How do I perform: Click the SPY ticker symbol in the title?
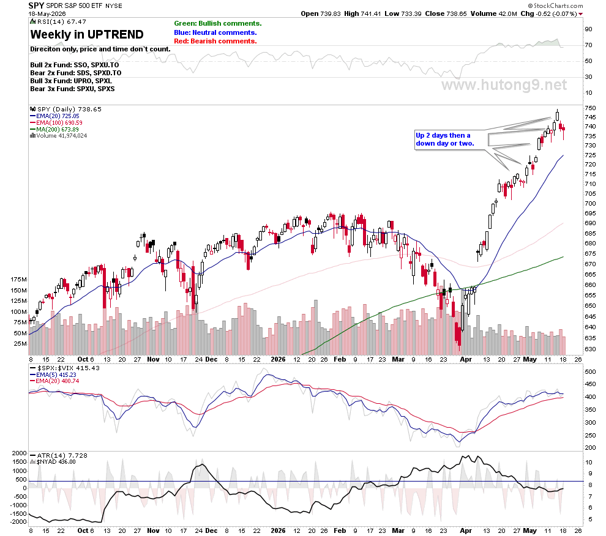click(36, 6)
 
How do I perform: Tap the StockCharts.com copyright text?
click(556, 6)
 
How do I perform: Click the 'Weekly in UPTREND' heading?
click(87, 35)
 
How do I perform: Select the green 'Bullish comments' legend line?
click(217, 24)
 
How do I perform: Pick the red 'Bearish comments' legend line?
click(215, 42)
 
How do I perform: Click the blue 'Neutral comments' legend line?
click(215, 33)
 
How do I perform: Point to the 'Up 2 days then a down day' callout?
click(445, 140)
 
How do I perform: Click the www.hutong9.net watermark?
click(504, 85)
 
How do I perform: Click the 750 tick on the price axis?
click(590, 108)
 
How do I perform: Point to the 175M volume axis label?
click(19, 280)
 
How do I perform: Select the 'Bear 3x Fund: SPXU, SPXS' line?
click(72, 89)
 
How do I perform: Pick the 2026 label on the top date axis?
click(279, 359)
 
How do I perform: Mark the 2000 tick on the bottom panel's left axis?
click(20, 453)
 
